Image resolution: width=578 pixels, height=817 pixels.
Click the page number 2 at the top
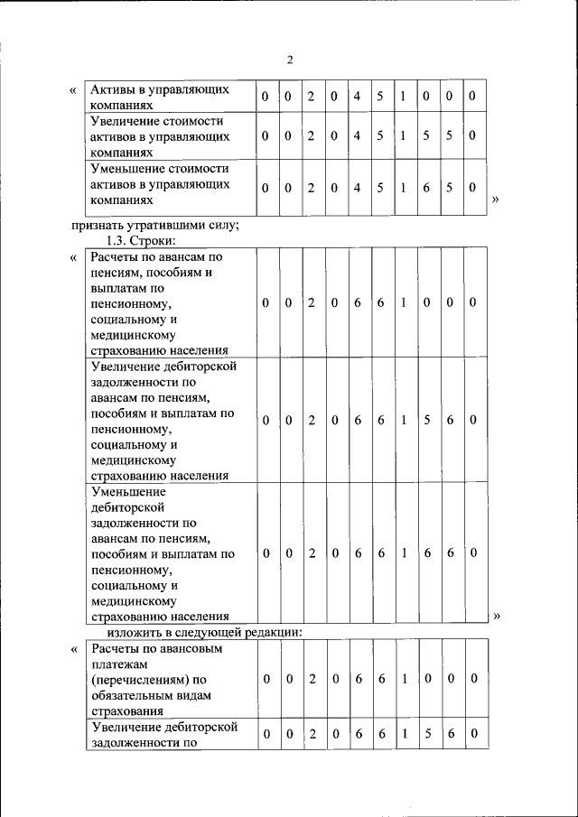click(x=290, y=60)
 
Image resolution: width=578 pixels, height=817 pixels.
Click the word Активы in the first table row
click(x=113, y=90)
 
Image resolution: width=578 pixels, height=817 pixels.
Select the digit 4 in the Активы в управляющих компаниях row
click(x=357, y=96)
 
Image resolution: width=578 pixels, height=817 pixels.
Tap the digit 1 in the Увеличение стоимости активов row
click(x=403, y=136)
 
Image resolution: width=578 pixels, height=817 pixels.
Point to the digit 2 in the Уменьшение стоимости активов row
click(x=311, y=188)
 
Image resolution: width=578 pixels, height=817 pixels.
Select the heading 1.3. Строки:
click(x=141, y=241)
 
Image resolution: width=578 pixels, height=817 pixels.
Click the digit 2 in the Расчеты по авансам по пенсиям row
click(x=311, y=303)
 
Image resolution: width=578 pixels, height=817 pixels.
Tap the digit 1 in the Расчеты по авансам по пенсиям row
click(x=403, y=303)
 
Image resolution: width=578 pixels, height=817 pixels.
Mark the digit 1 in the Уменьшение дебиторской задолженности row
click(x=403, y=552)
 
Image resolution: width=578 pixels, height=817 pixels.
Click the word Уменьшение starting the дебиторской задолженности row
click(x=129, y=493)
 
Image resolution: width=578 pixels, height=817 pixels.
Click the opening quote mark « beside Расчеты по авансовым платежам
click(x=72, y=649)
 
